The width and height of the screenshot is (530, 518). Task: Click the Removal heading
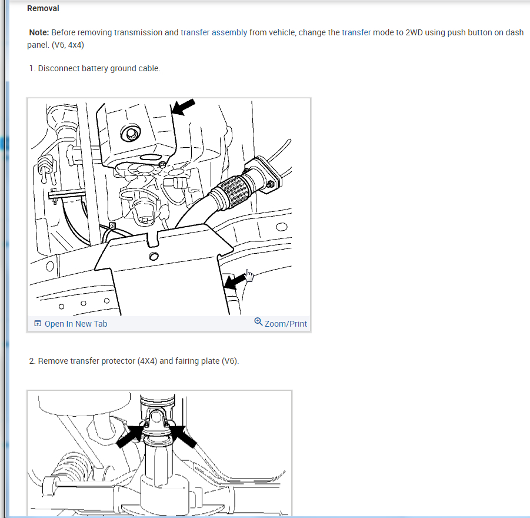43,8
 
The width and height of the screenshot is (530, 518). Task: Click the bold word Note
39,32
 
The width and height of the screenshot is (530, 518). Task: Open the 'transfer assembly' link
214,32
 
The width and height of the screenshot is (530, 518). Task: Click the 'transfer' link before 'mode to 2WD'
356,32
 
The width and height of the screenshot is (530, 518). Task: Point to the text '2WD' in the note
414,32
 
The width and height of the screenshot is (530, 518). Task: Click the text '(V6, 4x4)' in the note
68,45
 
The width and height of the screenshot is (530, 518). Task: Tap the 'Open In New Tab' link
76,324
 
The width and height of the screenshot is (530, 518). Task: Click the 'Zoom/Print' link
286,324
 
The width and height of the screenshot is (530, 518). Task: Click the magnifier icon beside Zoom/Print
258,322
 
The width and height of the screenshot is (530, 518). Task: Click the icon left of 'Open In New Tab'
38,323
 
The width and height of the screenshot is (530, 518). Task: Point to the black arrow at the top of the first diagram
183,107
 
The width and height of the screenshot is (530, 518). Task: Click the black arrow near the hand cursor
235,281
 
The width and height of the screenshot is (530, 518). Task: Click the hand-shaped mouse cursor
249,275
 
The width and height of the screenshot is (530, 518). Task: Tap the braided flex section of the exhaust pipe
233,191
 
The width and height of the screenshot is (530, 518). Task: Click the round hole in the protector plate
154,256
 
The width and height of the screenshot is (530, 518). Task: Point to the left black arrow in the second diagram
130,436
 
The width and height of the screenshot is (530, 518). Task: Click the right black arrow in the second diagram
183,437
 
